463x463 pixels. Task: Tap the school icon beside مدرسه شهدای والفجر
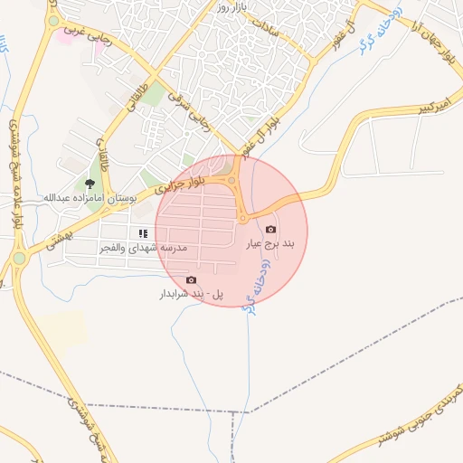pos(143,234)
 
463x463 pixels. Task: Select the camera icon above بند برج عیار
pos(271,230)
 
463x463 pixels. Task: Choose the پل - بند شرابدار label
pos(191,294)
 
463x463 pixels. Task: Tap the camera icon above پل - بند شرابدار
pos(191,280)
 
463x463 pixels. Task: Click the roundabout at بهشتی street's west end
pos(18,260)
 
